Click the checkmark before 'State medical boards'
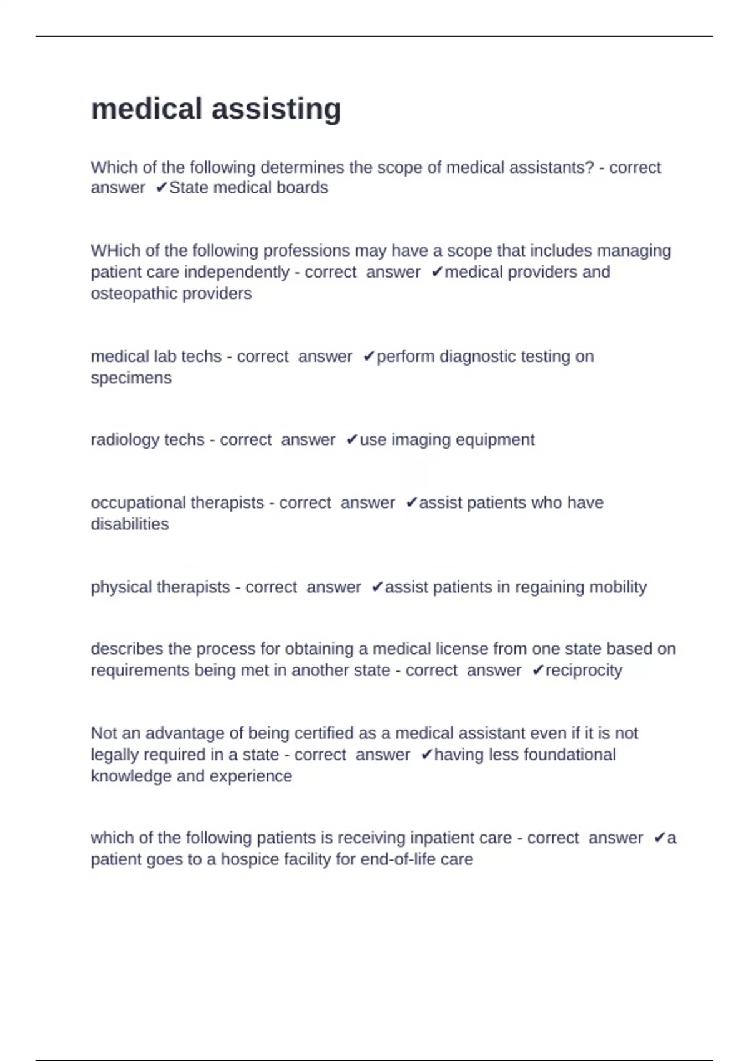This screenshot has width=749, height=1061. click(x=161, y=188)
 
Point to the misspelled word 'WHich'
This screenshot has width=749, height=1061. click(x=115, y=251)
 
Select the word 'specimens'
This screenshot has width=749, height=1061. click(x=131, y=378)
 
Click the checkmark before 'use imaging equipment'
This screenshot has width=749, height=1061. click(x=351, y=440)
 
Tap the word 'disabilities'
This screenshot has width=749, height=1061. click(x=130, y=524)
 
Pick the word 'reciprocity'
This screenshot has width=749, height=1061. click(x=584, y=670)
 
